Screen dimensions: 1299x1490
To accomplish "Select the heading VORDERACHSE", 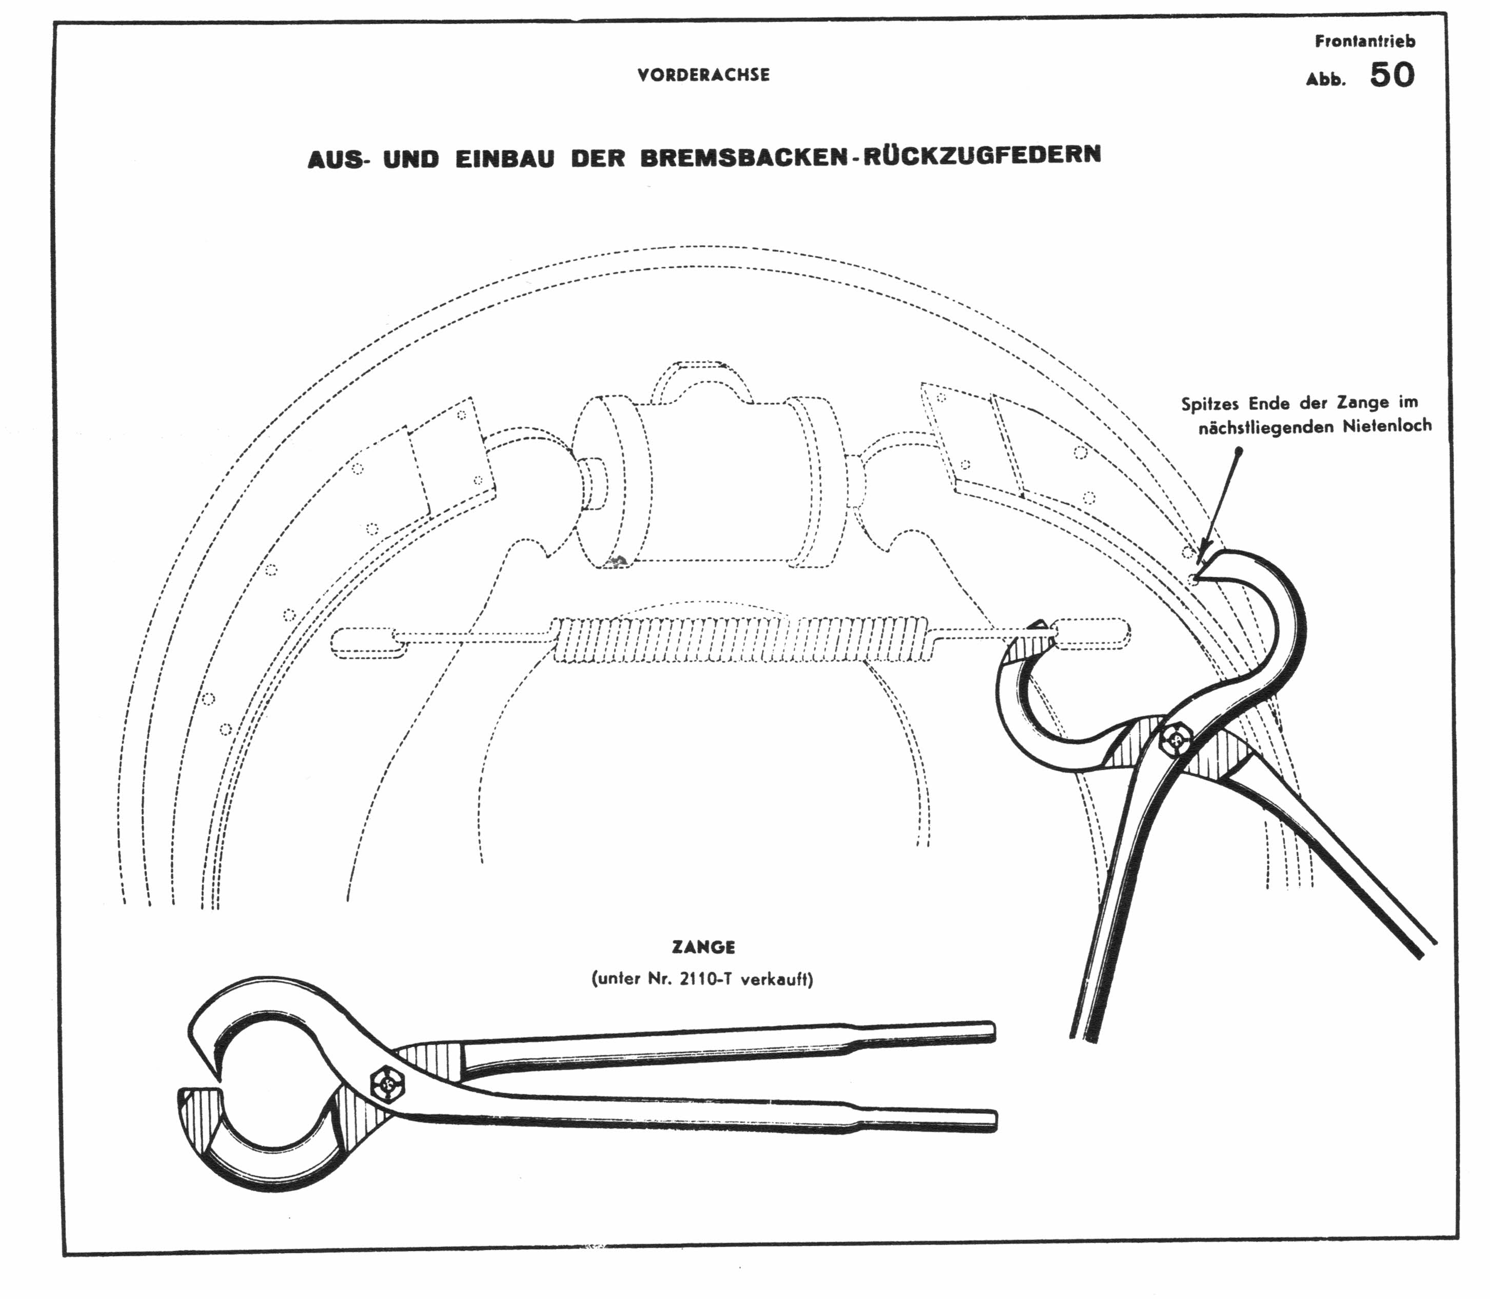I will click(x=703, y=75).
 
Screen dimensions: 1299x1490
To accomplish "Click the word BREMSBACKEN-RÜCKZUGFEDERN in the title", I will click(x=870, y=156).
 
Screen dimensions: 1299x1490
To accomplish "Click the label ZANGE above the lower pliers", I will click(x=703, y=947).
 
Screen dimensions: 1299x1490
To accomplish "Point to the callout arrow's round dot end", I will click(x=1239, y=451).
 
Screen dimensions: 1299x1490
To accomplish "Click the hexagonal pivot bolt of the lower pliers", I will click(x=388, y=1085).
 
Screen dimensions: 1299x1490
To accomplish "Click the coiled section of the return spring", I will click(x=739, y=639).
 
